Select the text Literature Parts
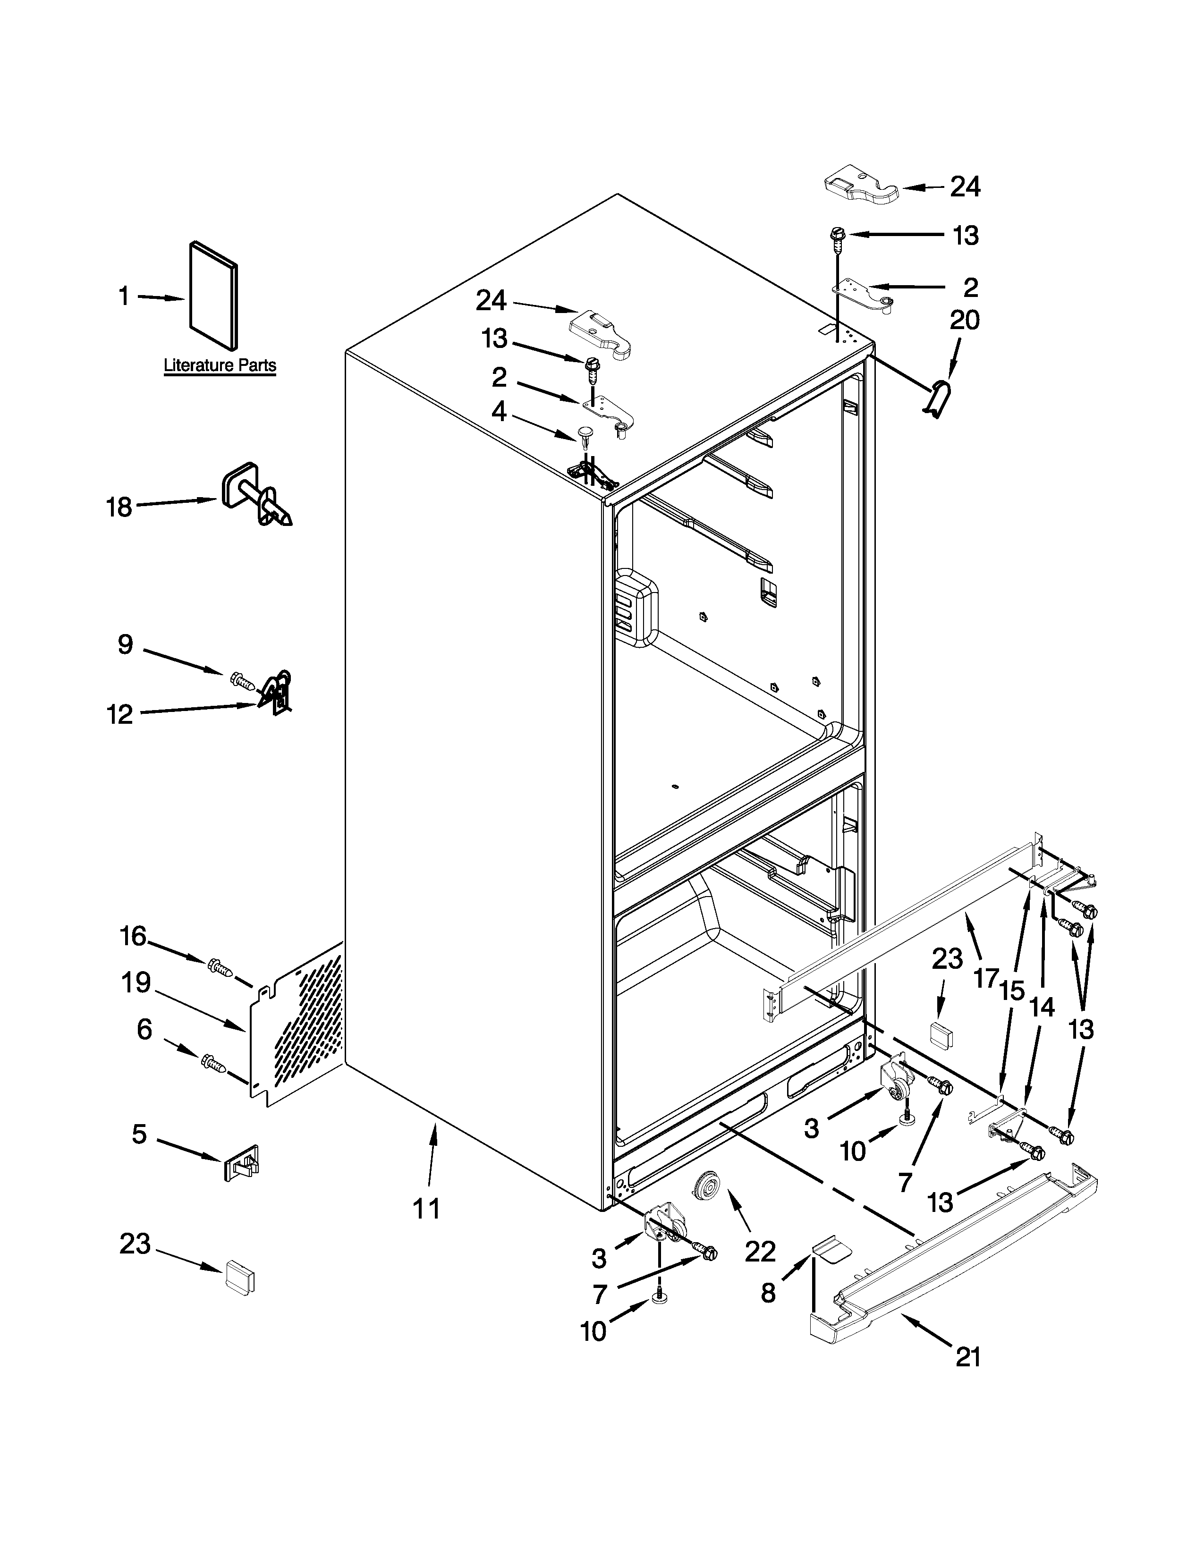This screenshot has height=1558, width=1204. tap(220, 365)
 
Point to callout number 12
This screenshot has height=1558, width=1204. tap(120, 713)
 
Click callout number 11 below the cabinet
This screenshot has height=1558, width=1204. tap(426, 1209)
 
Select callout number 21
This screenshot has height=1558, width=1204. tap(968, 1357)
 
